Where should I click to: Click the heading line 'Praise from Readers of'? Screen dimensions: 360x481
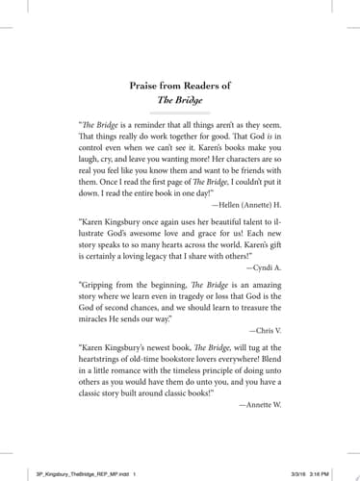point(180,86)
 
